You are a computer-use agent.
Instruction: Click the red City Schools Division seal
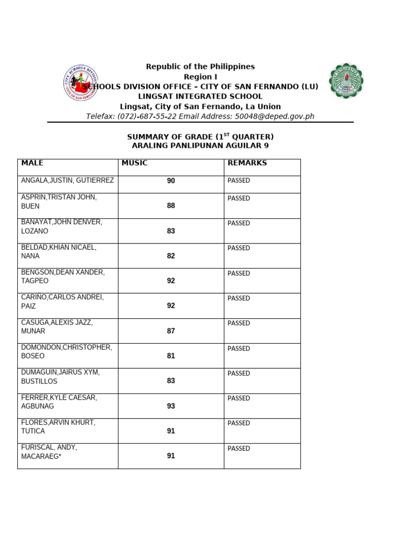(80, 83)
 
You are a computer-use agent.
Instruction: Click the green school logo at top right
(346, 81)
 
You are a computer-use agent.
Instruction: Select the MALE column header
(32, 163)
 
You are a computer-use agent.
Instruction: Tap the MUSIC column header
(135, 163)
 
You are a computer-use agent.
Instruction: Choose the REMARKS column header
(247, 163)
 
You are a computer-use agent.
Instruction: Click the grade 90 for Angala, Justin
(171, 181)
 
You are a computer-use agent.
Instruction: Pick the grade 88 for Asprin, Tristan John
(171, 206)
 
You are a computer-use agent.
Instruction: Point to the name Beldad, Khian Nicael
(58, 252)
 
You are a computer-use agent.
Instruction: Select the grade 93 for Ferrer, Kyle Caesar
(171, 406)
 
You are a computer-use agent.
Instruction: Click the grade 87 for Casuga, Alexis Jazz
(171, 331)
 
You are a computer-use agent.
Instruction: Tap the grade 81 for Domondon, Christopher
(171, 356)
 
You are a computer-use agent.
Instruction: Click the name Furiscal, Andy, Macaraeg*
(49, 452)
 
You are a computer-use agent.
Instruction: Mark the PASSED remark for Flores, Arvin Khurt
(239, 423)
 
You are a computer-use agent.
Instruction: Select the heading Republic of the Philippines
(200, 66)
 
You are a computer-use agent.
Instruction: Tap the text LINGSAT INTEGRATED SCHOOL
(200, 97)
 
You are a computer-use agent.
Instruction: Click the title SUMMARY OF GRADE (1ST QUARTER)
(200, 136)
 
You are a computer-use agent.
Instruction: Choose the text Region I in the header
(200, 77)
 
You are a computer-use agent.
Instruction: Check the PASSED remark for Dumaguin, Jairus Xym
(239, 374)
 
